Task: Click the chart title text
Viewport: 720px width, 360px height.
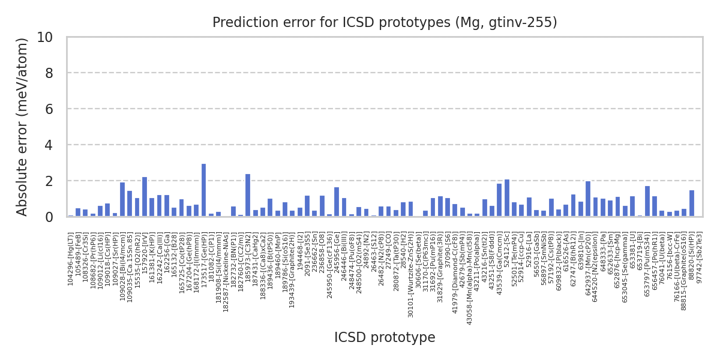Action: pos(385,23)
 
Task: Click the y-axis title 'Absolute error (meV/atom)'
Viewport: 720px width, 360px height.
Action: pos(23,127)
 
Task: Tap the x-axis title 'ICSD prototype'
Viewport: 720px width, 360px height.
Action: pos(385,338)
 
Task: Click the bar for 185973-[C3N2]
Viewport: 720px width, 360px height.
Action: pos(248,195)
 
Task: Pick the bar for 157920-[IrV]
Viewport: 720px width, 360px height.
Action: pos(145,197)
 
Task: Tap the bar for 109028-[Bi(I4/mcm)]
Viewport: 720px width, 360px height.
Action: pos(122,199)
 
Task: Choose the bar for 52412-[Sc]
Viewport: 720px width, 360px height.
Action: pos(507,198)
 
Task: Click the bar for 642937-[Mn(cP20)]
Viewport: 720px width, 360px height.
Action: pos(588,199)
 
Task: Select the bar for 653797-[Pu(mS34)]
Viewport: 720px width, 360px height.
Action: pos(647,201)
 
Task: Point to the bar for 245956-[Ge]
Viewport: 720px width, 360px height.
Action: pos(337,202)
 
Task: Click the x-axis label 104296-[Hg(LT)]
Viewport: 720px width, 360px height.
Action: pos(71,259)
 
